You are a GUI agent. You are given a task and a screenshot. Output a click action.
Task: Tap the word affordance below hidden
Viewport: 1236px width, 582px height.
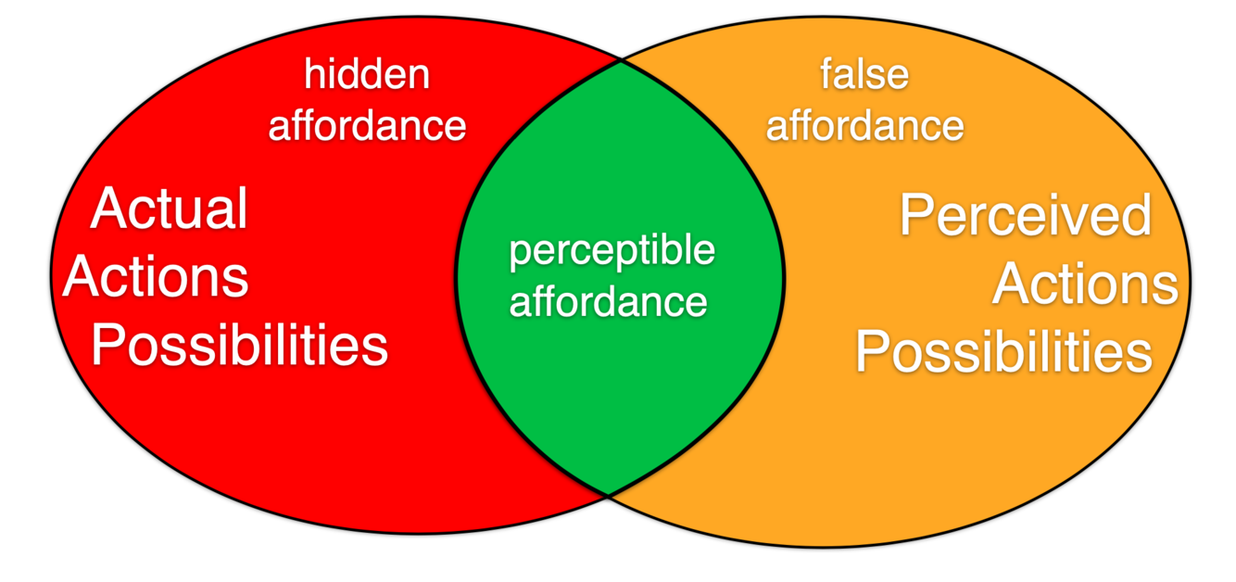point(367,125)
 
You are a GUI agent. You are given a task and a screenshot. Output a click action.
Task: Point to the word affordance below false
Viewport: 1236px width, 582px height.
point(864,125)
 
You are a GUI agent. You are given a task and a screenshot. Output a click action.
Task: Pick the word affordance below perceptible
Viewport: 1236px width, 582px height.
point(609,301)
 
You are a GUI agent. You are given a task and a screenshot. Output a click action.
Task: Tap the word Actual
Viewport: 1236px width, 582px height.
point(170,209)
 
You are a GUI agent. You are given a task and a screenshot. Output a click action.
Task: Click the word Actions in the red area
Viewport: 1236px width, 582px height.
point(156,276)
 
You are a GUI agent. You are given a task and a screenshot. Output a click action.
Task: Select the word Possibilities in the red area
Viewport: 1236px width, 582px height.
point(239,346)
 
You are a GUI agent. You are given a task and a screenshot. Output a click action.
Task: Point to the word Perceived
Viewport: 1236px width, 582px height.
point(1026,215)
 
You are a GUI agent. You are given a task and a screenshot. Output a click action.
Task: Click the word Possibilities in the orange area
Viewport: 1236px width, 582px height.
point(1003,352)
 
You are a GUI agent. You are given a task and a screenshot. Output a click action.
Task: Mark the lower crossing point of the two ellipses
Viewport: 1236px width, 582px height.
point(608,494)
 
